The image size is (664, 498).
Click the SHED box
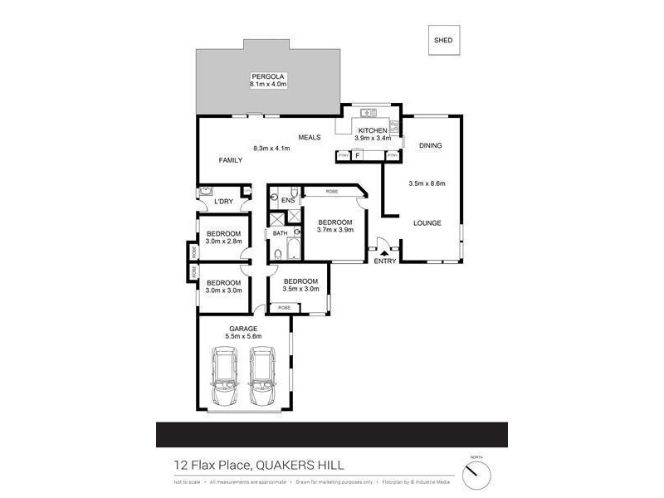point(444,40)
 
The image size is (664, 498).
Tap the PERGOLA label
point(267,76)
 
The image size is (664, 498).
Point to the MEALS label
point(310,138)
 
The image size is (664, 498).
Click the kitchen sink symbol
point(369,112)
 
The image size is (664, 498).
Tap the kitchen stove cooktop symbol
point(394,128)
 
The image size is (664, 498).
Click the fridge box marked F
point(357,155)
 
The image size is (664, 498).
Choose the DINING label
point(431,145)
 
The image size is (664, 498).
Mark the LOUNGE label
point(427,223)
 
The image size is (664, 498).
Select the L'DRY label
point(222,202)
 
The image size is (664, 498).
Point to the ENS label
point(288,201)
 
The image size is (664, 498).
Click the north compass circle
point(476,475)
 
